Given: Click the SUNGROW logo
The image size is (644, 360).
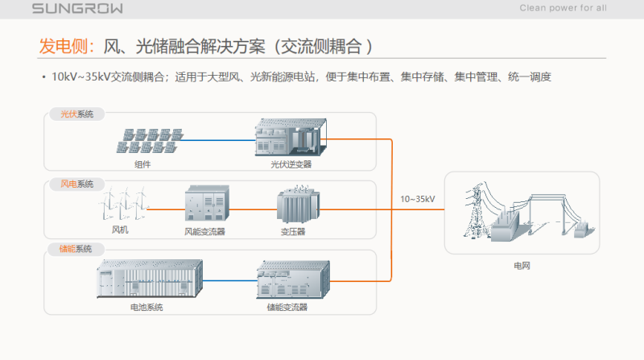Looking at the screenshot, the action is [x=77, y=8].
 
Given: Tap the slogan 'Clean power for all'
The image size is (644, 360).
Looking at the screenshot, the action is [x=563, y=8].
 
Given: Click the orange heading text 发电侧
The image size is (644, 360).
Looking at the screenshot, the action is [x=64, y=46].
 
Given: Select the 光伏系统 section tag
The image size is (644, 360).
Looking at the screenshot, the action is [x=76, y=114].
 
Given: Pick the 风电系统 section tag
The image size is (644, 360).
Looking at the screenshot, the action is [x=76, y=184].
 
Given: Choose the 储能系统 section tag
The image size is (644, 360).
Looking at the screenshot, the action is [x=76, y=249].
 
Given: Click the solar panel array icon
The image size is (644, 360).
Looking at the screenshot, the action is [x=150, y=141].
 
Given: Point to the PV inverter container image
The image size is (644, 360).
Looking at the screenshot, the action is [x=291, y=137].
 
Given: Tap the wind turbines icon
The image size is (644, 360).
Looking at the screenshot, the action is [x=123, y=204].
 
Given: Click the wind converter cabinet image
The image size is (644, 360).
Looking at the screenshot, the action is [x=207, y=203].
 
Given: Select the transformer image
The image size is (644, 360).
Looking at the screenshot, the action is [x=298, y=205].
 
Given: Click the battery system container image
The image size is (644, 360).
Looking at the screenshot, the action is [x=150, y=278].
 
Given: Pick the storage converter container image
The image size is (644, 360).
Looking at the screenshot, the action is [x=293, y=279].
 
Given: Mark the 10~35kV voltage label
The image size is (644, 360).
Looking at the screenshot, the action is [x=418, y=199].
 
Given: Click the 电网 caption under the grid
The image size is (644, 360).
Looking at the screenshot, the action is [x=522, y=266].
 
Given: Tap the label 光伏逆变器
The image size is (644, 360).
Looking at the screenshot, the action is [x=291, y=164].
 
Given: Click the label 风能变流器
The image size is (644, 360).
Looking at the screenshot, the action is [x=204, y=232].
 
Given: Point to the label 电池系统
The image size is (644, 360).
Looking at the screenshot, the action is [x=147, y=307].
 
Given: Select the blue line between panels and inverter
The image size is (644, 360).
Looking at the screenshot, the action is [x=218, y=140].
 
